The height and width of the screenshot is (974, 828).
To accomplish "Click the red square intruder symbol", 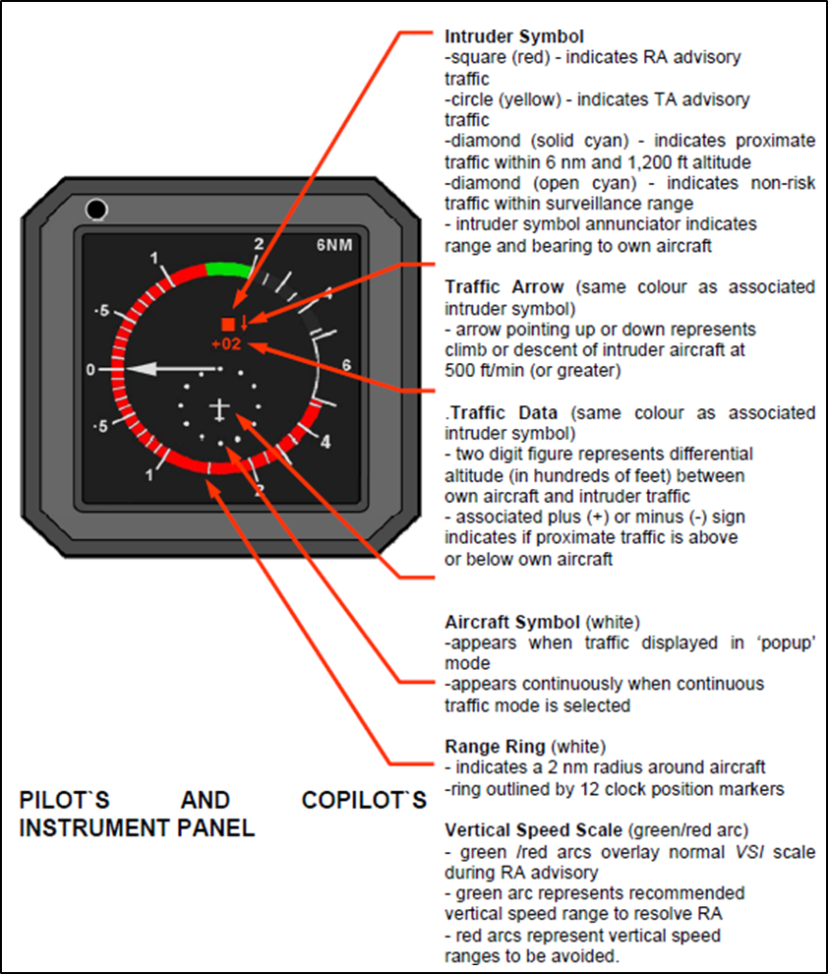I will [x=228, y=324].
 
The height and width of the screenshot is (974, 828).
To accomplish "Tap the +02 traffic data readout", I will [x=225, y=344].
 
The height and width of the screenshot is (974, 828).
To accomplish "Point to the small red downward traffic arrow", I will [x=244, y=323].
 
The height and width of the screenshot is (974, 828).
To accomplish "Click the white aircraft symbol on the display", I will [x=218, y=406].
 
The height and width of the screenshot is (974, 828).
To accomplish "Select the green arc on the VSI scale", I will [x=228, y=267].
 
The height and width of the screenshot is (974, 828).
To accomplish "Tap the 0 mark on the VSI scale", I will [x=89, y=370].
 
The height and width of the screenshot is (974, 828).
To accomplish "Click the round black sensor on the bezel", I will [x=95, y=210].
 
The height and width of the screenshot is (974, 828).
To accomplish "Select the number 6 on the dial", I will [x=345, y=365].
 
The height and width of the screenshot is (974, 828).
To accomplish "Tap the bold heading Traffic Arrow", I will [x=504, y=287].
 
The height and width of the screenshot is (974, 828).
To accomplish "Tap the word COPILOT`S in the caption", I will [x=364, y=800].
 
